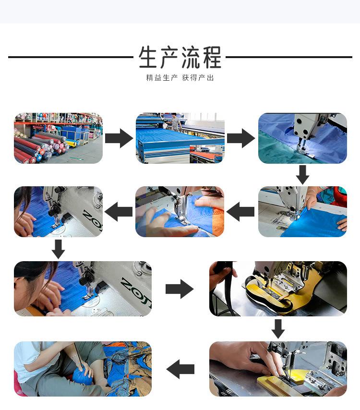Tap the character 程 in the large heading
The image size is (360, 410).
(x=211, y=58)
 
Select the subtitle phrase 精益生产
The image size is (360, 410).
(x=162, y=78)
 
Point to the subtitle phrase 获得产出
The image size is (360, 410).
(x=198, y=78)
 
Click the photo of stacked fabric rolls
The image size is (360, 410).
(x=58, y=138)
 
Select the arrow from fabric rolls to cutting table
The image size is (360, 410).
(x=119, y=138)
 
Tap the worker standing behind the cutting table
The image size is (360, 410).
(x=176, y=121)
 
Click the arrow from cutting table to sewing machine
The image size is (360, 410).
(x=240, y=138)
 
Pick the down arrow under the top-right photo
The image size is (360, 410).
(x=302, y=175)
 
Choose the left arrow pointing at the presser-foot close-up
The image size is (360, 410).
(x=240, y=212)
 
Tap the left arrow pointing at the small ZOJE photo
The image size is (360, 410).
(x=119, y=212)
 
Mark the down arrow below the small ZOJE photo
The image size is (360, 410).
(x=58, y=249)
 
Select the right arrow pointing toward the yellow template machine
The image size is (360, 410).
(x=179, y=289)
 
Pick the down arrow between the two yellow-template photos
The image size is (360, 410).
(x=278, y=328)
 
